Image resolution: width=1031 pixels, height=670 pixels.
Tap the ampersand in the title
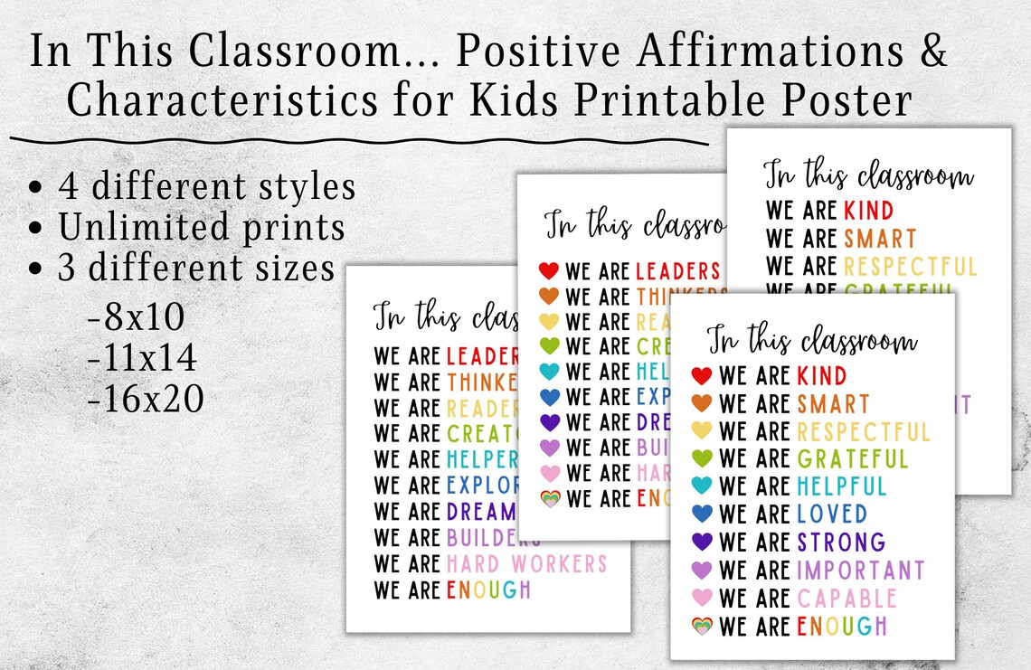(x=931, y=52)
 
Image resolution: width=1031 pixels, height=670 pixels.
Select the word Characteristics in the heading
(x=222, y=100)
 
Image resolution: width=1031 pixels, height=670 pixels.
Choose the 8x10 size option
(x=136, y=317)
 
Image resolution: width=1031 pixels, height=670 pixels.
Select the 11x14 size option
(x=142, y=358)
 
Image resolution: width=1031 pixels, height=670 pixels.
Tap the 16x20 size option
(x=146, y=399)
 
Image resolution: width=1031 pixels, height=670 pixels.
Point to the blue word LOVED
(x=831, y=514)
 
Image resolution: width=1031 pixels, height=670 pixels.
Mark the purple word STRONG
(x=840, y=543)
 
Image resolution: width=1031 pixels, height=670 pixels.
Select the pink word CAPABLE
(x=847, y=598)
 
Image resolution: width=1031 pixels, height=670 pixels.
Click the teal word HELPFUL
(x=841, y=486)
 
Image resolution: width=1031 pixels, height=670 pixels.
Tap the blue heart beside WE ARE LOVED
(x=702, y=514)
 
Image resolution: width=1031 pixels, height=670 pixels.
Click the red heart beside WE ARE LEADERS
(x=549, y=270)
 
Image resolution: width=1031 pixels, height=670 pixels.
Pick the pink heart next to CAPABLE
(x=702, y=598)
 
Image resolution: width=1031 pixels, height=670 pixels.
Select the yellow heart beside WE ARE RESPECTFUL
(x=702, y=431)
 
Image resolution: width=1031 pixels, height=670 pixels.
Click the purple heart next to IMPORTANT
(x=702, y=571)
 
